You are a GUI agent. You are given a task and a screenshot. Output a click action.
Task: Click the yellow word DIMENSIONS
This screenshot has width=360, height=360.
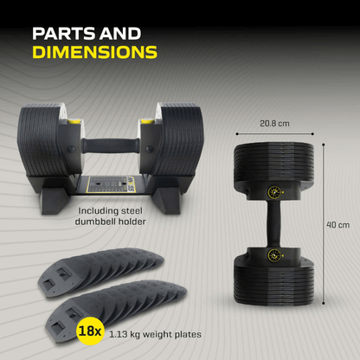[94, 52]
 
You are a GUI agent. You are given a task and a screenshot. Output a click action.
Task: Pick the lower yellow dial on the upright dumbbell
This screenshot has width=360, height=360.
[275, 255]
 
